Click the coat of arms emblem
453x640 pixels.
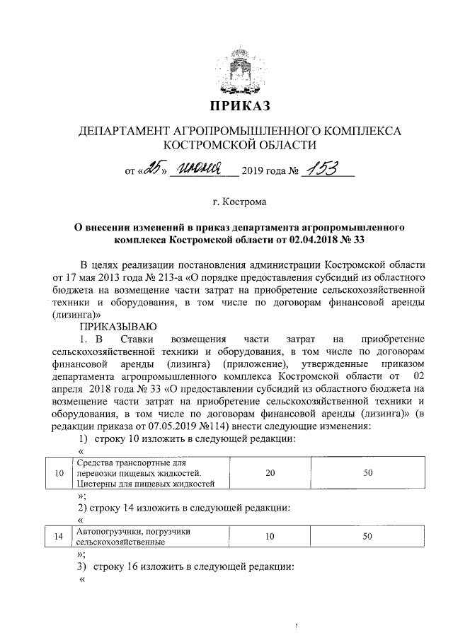[239, 70]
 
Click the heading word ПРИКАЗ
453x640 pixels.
[239, 107]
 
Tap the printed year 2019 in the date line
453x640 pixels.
[253, 170]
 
